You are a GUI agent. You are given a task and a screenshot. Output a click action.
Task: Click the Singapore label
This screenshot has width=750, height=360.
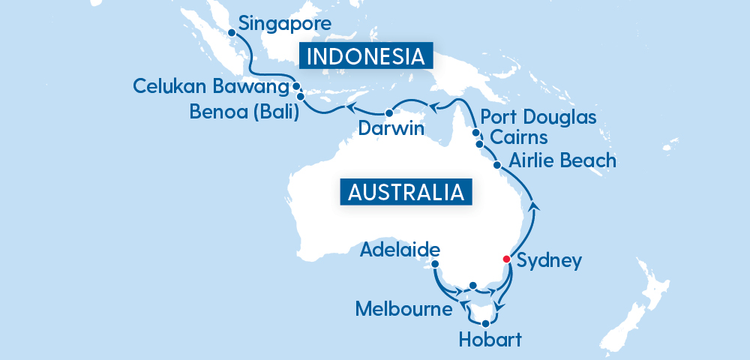(284, 24)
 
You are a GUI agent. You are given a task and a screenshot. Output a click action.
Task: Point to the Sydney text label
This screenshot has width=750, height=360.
(550, 262)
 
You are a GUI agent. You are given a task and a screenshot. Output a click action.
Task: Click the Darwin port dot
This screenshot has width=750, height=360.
(388, 112)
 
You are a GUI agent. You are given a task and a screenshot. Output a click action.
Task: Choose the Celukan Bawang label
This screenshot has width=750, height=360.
(211, 86)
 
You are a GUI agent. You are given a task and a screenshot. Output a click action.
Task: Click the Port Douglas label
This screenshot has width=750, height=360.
(538, 118)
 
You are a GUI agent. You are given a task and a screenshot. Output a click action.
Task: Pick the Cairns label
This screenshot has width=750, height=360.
(518, 138)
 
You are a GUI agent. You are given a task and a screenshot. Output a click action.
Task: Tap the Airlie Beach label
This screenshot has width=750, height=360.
(562, 160)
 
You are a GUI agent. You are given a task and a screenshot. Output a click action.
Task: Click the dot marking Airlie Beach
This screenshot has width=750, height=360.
(496, 164)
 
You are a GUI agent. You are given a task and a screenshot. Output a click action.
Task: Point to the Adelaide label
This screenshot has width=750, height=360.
(400, 248)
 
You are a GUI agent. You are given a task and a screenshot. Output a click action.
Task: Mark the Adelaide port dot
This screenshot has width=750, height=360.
(436, 263)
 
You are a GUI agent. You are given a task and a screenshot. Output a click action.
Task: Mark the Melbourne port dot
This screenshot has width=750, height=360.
(472, 285)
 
